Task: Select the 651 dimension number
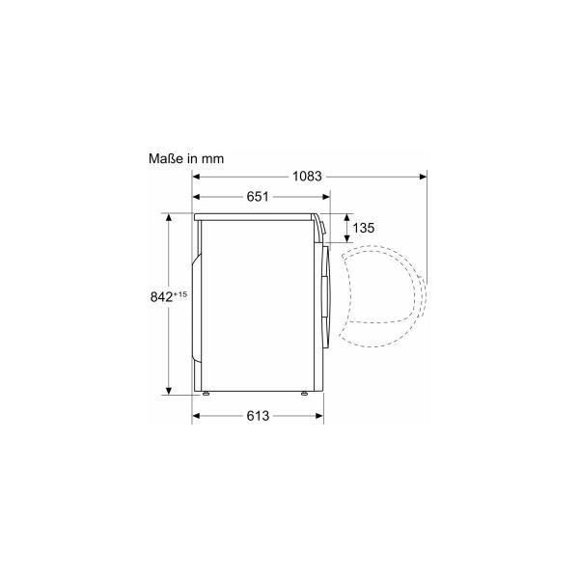(x=257, y=197)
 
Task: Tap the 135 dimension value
(x=363, y=229)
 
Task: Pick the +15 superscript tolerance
(x=181, y=293)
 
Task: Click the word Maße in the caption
(x=165, y=157)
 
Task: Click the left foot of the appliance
(x=205, y=394)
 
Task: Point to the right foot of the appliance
(x=304, y=394)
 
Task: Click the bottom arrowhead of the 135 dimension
(x=340, y=237)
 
